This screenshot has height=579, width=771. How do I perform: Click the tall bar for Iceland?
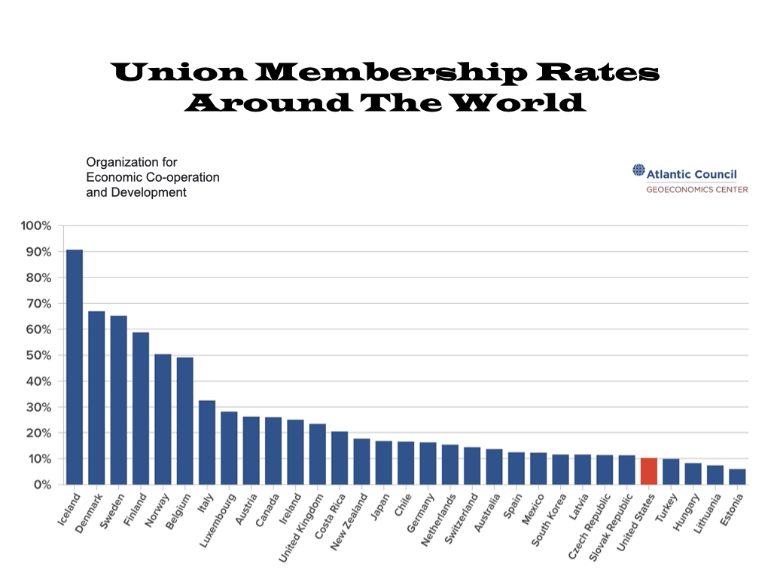[74, 366]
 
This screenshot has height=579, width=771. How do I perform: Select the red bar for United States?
[649, 471]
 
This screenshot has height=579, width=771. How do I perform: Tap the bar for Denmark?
[96, 397]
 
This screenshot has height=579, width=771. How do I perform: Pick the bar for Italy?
[207, 442]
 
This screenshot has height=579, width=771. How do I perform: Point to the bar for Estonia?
[737, 476]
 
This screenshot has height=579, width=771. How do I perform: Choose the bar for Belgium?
[184, 421]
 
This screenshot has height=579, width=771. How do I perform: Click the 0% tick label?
[40, 485]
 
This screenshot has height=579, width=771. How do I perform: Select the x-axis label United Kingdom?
[300, 528]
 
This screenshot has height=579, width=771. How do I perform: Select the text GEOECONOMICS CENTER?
[696, 189]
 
